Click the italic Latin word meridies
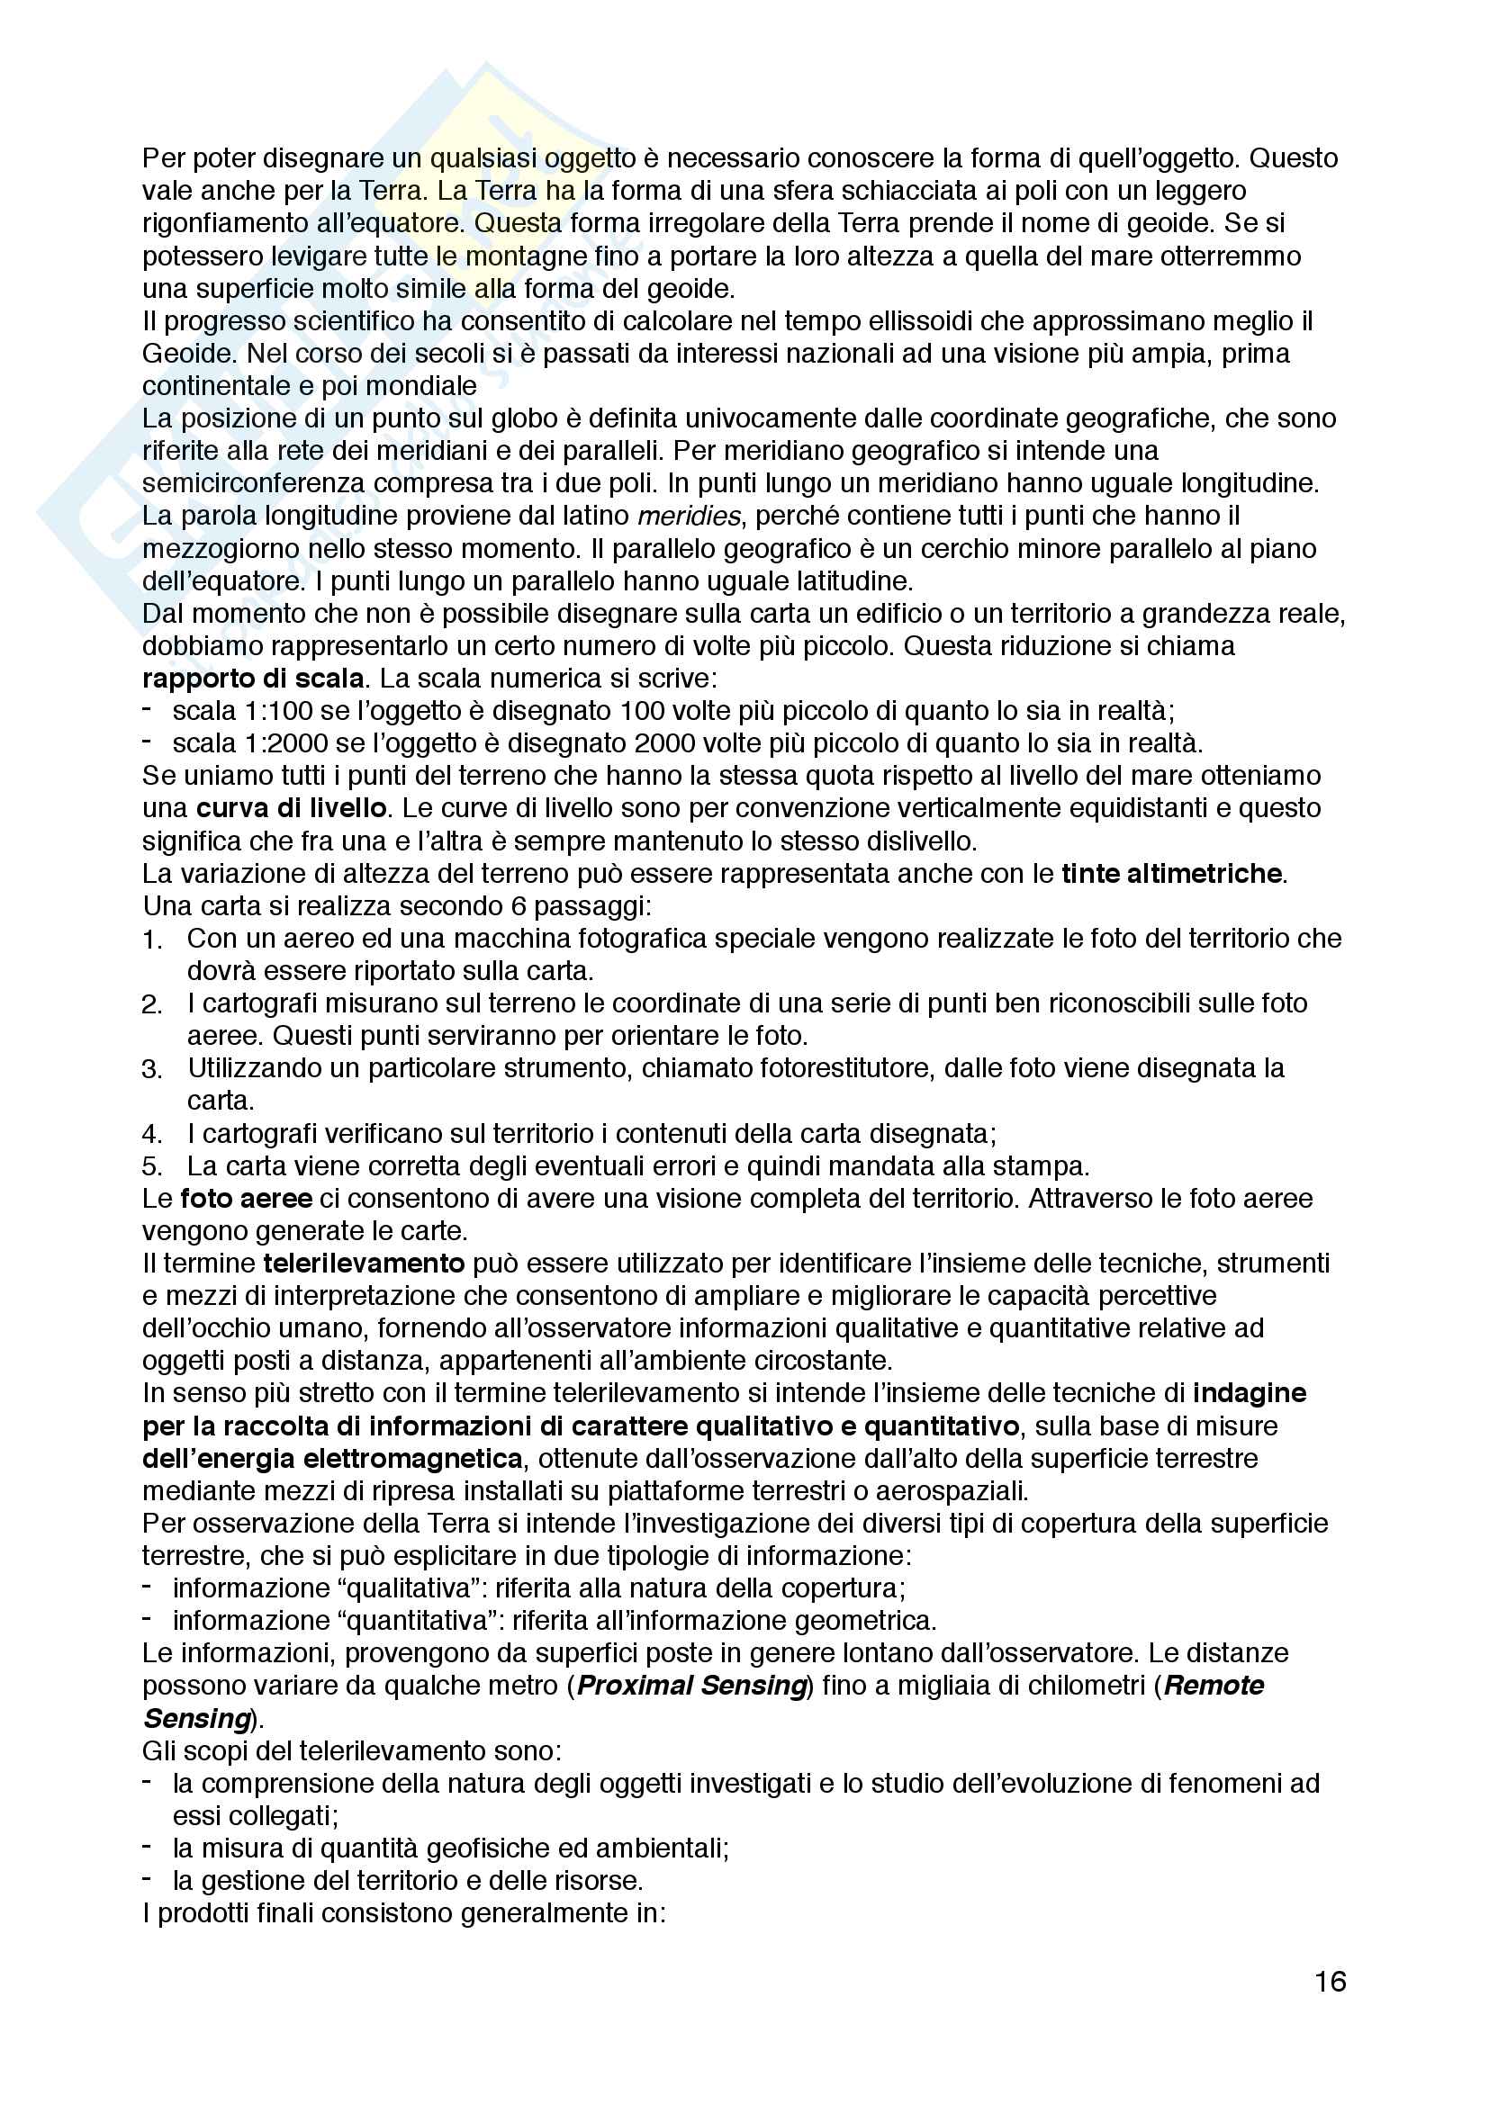tap(688, 517)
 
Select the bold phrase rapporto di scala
tap(253, 679)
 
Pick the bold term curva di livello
tap(291, 809)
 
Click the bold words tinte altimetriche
tap(1171, 874)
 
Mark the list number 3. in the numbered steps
tap(151, 1070)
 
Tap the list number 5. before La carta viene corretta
tap(151, 1167)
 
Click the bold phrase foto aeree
tap(246, 1199)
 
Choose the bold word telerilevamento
tap(363, 1264)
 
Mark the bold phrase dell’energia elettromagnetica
tap(332, 1459)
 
